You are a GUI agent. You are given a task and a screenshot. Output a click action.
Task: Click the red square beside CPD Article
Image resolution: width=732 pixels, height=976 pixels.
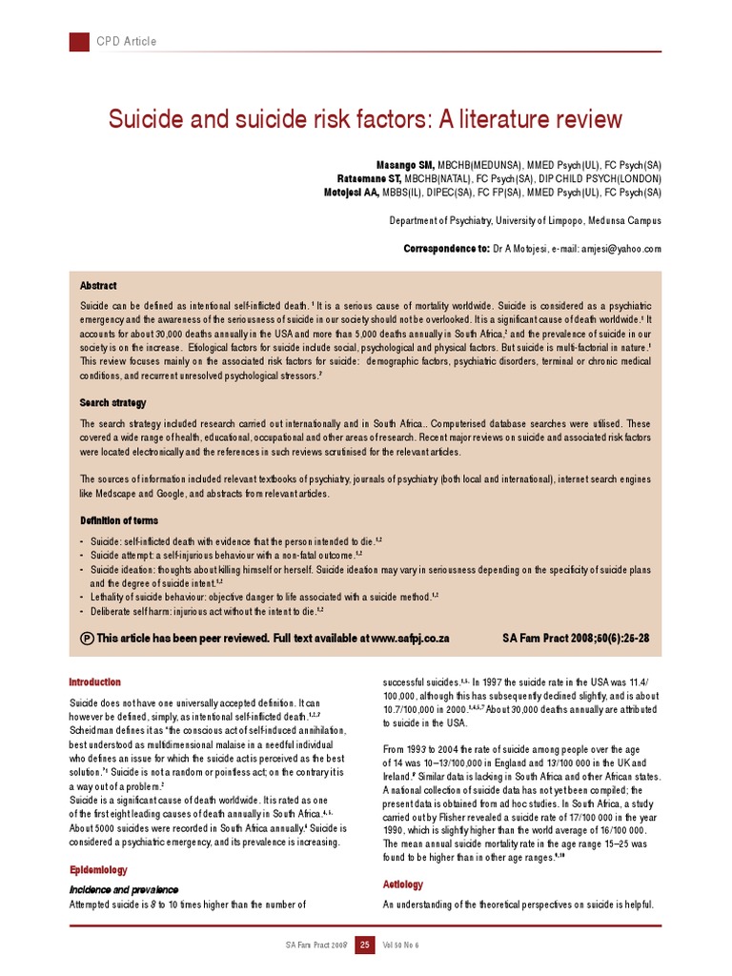79,41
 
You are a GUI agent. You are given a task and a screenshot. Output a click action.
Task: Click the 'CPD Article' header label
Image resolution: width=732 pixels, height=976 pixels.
126,42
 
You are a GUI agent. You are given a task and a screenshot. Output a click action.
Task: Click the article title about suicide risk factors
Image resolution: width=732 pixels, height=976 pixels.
365,120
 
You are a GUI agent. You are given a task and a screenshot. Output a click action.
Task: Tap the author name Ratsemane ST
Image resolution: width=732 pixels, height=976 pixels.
370,178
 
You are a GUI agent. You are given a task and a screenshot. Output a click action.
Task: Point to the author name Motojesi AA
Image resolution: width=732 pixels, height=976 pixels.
352,192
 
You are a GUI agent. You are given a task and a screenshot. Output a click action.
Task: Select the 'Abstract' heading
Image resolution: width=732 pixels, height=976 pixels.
98,286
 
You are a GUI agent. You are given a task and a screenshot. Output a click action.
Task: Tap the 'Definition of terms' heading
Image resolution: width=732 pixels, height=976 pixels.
119,520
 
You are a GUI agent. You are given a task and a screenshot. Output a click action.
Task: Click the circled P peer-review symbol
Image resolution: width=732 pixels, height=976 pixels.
88,638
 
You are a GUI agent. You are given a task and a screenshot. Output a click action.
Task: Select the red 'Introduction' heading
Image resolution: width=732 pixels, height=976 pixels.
95,682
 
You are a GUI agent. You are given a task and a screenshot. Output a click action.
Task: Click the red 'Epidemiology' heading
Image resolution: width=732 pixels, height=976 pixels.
98,870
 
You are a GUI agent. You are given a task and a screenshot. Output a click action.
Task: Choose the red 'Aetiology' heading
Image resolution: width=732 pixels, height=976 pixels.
403,884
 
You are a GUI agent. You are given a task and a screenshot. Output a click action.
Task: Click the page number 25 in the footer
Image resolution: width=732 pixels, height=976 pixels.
364,945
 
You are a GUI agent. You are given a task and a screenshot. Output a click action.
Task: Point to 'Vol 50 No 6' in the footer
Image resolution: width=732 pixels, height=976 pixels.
400,945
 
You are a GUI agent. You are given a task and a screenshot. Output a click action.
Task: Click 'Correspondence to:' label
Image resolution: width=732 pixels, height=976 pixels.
446,248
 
